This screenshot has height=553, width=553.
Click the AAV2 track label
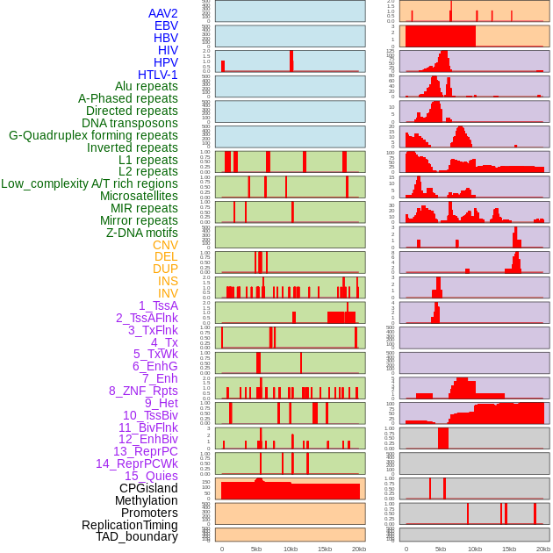pyautogui.click(x=163, y=13)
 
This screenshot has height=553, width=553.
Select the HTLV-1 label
pyautogui.click(x=158, y=75)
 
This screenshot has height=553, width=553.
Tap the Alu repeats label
pyautogui.click(x=147, y=86)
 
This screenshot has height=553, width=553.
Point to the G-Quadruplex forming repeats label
pyautogui.click(x=93, y=135)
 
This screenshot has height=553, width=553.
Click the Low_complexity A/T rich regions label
pyautogui.click(x=90, y=183)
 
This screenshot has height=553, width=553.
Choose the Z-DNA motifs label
pyautogui.click(x=142, y=233)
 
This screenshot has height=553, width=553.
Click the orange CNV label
pyautogui.click(x=165, y=245)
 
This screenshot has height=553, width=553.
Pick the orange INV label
pyautogui.click(x=168, y=293)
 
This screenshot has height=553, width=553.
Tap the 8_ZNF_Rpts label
pyautogui.click(x=143, y=391)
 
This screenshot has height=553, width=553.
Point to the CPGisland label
pyautogui.click(x=148, y=488)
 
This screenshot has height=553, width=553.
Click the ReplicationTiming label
pyautogui.click(x=130, y=525)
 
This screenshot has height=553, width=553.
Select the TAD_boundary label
pyautogui.click(x=137, y=536)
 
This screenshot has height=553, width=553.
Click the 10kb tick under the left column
pyautogui.click(x=291, y=549)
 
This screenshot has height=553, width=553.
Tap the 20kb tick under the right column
pyautogui.click(x=543, y=549)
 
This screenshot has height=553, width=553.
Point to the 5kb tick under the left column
pyautogui.click(x=256, y=549)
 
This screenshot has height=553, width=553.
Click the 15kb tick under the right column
pyautogui.click(x=509, y=549)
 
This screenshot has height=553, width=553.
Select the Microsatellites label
pyautogui.click(x=139, y=196)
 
